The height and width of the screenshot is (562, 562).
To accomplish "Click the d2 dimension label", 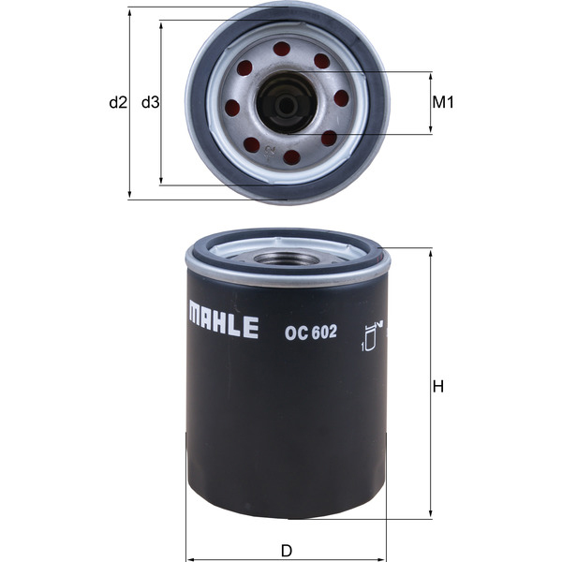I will coord(117,102).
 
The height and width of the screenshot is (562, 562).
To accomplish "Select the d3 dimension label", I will coord(149,102).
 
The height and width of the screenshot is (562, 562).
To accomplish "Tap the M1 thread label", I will coord(443,103).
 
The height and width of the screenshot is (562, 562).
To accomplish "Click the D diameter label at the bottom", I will coord(287,550).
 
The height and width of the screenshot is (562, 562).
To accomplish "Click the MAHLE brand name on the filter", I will coord(223,325).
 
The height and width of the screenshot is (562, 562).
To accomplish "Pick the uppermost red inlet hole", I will coord(282,49).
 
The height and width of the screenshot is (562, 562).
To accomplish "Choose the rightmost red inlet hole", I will coord(341,97).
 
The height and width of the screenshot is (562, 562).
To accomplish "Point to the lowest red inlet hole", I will coord(291,156).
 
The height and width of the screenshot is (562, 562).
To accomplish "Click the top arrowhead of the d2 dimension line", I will coord(128,11).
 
